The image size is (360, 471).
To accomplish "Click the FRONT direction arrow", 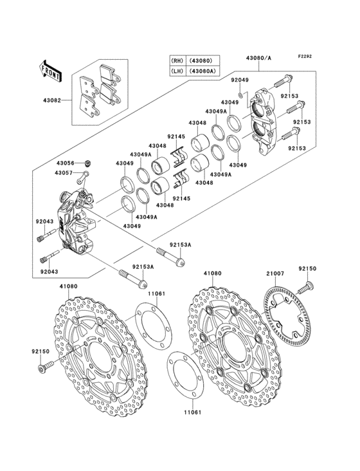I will coord(50,69).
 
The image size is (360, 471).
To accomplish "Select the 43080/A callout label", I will coord(258,57).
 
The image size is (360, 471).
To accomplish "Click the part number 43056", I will coord(64,163).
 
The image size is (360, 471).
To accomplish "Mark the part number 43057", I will coord(64,173).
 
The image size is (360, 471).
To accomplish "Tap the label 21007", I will coord(275,273).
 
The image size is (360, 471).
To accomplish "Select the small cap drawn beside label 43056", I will coord(88,162).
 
